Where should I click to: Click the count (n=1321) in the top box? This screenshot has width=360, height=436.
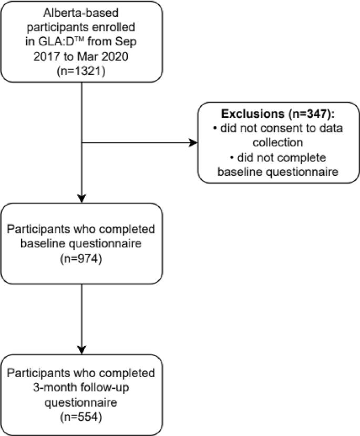(x=81, y=70)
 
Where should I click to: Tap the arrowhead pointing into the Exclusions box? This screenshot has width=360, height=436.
(x=193, y=142)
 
